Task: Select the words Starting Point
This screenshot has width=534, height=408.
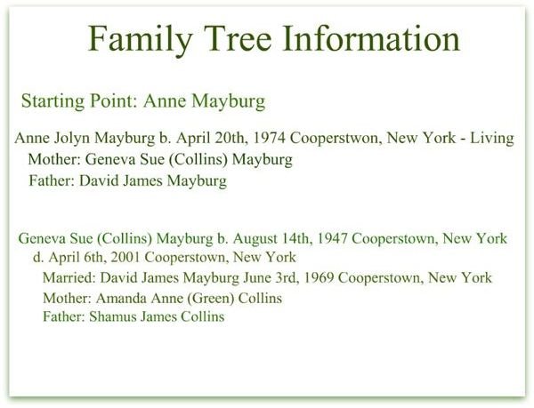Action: pos(80,101)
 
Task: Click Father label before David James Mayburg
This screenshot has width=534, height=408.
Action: pos(52,180)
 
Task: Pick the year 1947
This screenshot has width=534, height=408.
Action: pos(332,239)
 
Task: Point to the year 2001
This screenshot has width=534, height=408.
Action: pos(125,258)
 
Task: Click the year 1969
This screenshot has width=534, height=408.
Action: pos(319,278)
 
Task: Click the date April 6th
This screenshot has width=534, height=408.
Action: pos(75,258)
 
